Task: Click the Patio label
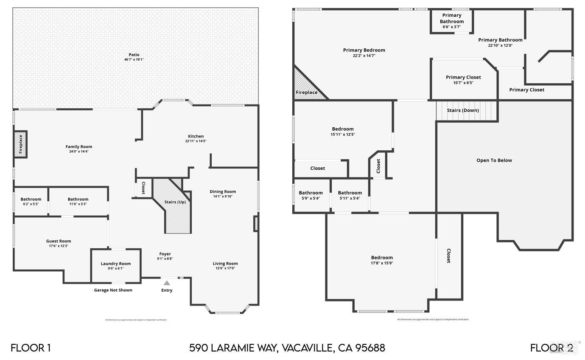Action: tap(134, 55)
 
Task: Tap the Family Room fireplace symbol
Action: tap(20, 144)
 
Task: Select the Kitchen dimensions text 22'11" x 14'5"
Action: tap(196, 141)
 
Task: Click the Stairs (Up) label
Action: tap(175, 202)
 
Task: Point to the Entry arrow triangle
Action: tap(167, 283)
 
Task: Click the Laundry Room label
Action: tap(116, 264)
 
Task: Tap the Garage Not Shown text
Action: tap(113, 290)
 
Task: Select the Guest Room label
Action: tap(59, 241)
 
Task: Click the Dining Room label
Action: tap(223, 191)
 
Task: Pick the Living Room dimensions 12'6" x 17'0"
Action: tap(225, 268)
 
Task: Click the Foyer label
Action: tap(165, 254)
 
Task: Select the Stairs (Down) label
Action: tap(463, 110)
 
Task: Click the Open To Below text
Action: tap(494, 160)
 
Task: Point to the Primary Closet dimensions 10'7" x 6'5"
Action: tap(463, 83)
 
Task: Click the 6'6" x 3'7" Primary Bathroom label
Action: tap(451, 27)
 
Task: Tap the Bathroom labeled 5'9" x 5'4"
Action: tap(311, 195)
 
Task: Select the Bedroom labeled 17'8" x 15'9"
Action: tap(382, 260)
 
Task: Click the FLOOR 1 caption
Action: tap(31, 348)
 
